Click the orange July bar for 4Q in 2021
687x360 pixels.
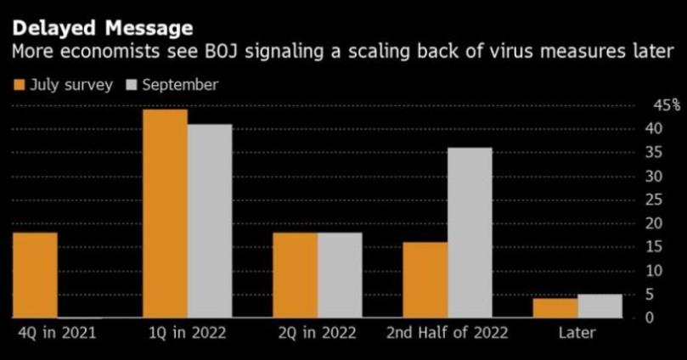[x=35, y=274]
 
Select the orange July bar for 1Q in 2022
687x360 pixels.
[x=165, y=213]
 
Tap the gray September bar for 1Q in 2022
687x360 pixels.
[x=210, y=221]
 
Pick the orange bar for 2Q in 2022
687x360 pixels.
[x=295, y=274]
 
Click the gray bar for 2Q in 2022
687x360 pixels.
[x=340, y=274]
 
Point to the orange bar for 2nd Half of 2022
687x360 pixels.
[x=425, y=279]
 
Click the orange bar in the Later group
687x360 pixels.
[x=555, y=308]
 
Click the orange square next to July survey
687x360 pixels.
[x=19, y=85]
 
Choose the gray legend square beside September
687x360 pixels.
[x=132, y=85]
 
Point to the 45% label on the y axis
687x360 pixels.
[x=666, y=105]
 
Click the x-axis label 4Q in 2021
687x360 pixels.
[x=56, y=333]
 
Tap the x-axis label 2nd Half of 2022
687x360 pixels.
[x=448, y=333]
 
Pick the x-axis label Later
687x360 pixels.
[x=577, y=333]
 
